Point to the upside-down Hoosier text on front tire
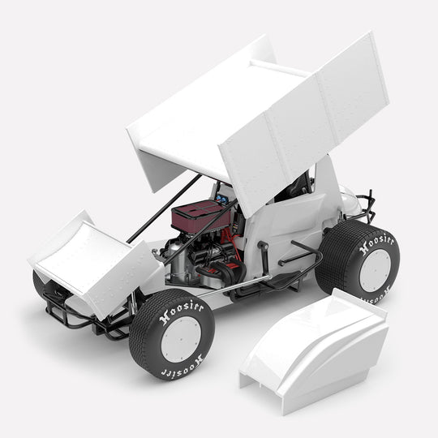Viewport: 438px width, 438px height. (182, 366)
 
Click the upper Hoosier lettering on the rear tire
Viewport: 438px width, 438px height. (377, 244)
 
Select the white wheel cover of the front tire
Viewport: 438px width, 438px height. (181, 339)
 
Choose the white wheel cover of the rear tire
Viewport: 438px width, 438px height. (376, 270)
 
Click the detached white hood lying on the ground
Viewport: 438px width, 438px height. (314, 351)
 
